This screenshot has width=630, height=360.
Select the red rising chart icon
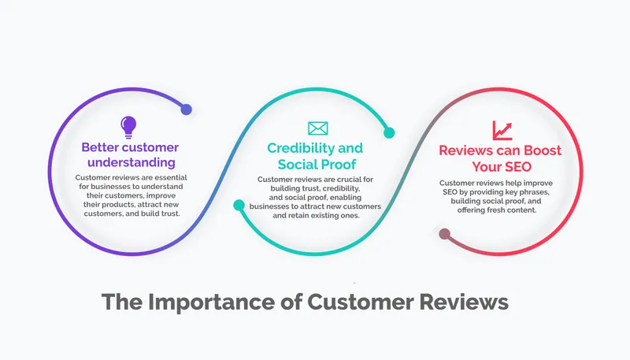[502, 130]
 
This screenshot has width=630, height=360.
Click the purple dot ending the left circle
[186, 109]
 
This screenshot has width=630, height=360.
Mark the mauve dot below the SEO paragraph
[444, 233]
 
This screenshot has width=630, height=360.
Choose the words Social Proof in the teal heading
[316, 164]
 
